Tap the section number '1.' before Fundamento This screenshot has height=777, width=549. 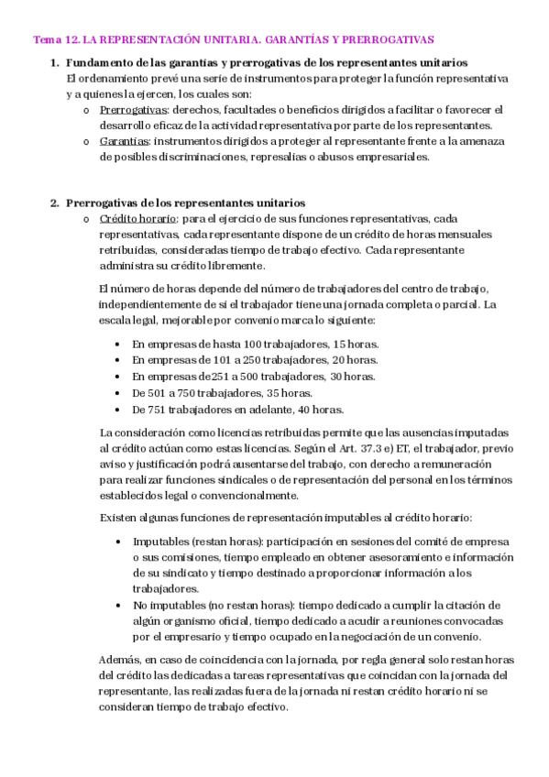point(54,62)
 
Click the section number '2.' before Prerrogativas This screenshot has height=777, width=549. point(54,202)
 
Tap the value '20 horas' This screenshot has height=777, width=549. point(351,360)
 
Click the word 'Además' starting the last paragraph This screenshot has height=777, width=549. point(117,660)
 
